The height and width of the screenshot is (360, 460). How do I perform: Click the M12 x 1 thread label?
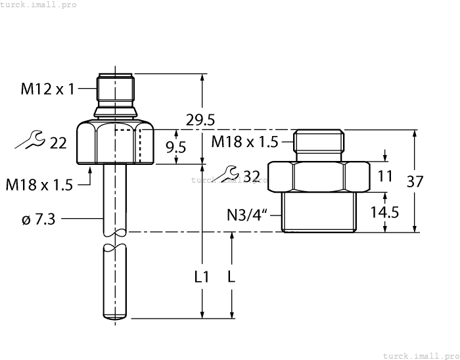click(48, 89)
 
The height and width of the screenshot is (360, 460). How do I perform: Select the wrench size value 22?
click(58, 142)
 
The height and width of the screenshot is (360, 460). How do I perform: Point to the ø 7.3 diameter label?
click(38, 219)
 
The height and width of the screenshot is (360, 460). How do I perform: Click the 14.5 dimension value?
click(385, 212)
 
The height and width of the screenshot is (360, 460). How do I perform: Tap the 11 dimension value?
click(385, 176)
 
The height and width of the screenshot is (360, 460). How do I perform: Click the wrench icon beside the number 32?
click(230, 174)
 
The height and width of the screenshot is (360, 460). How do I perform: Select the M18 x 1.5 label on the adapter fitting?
click(244, 141)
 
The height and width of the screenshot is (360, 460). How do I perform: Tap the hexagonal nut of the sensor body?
click(114, 143)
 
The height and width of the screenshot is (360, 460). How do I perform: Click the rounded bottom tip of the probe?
click(114, 319)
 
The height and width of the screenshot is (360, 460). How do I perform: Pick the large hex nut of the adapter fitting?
click(319, 175)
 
